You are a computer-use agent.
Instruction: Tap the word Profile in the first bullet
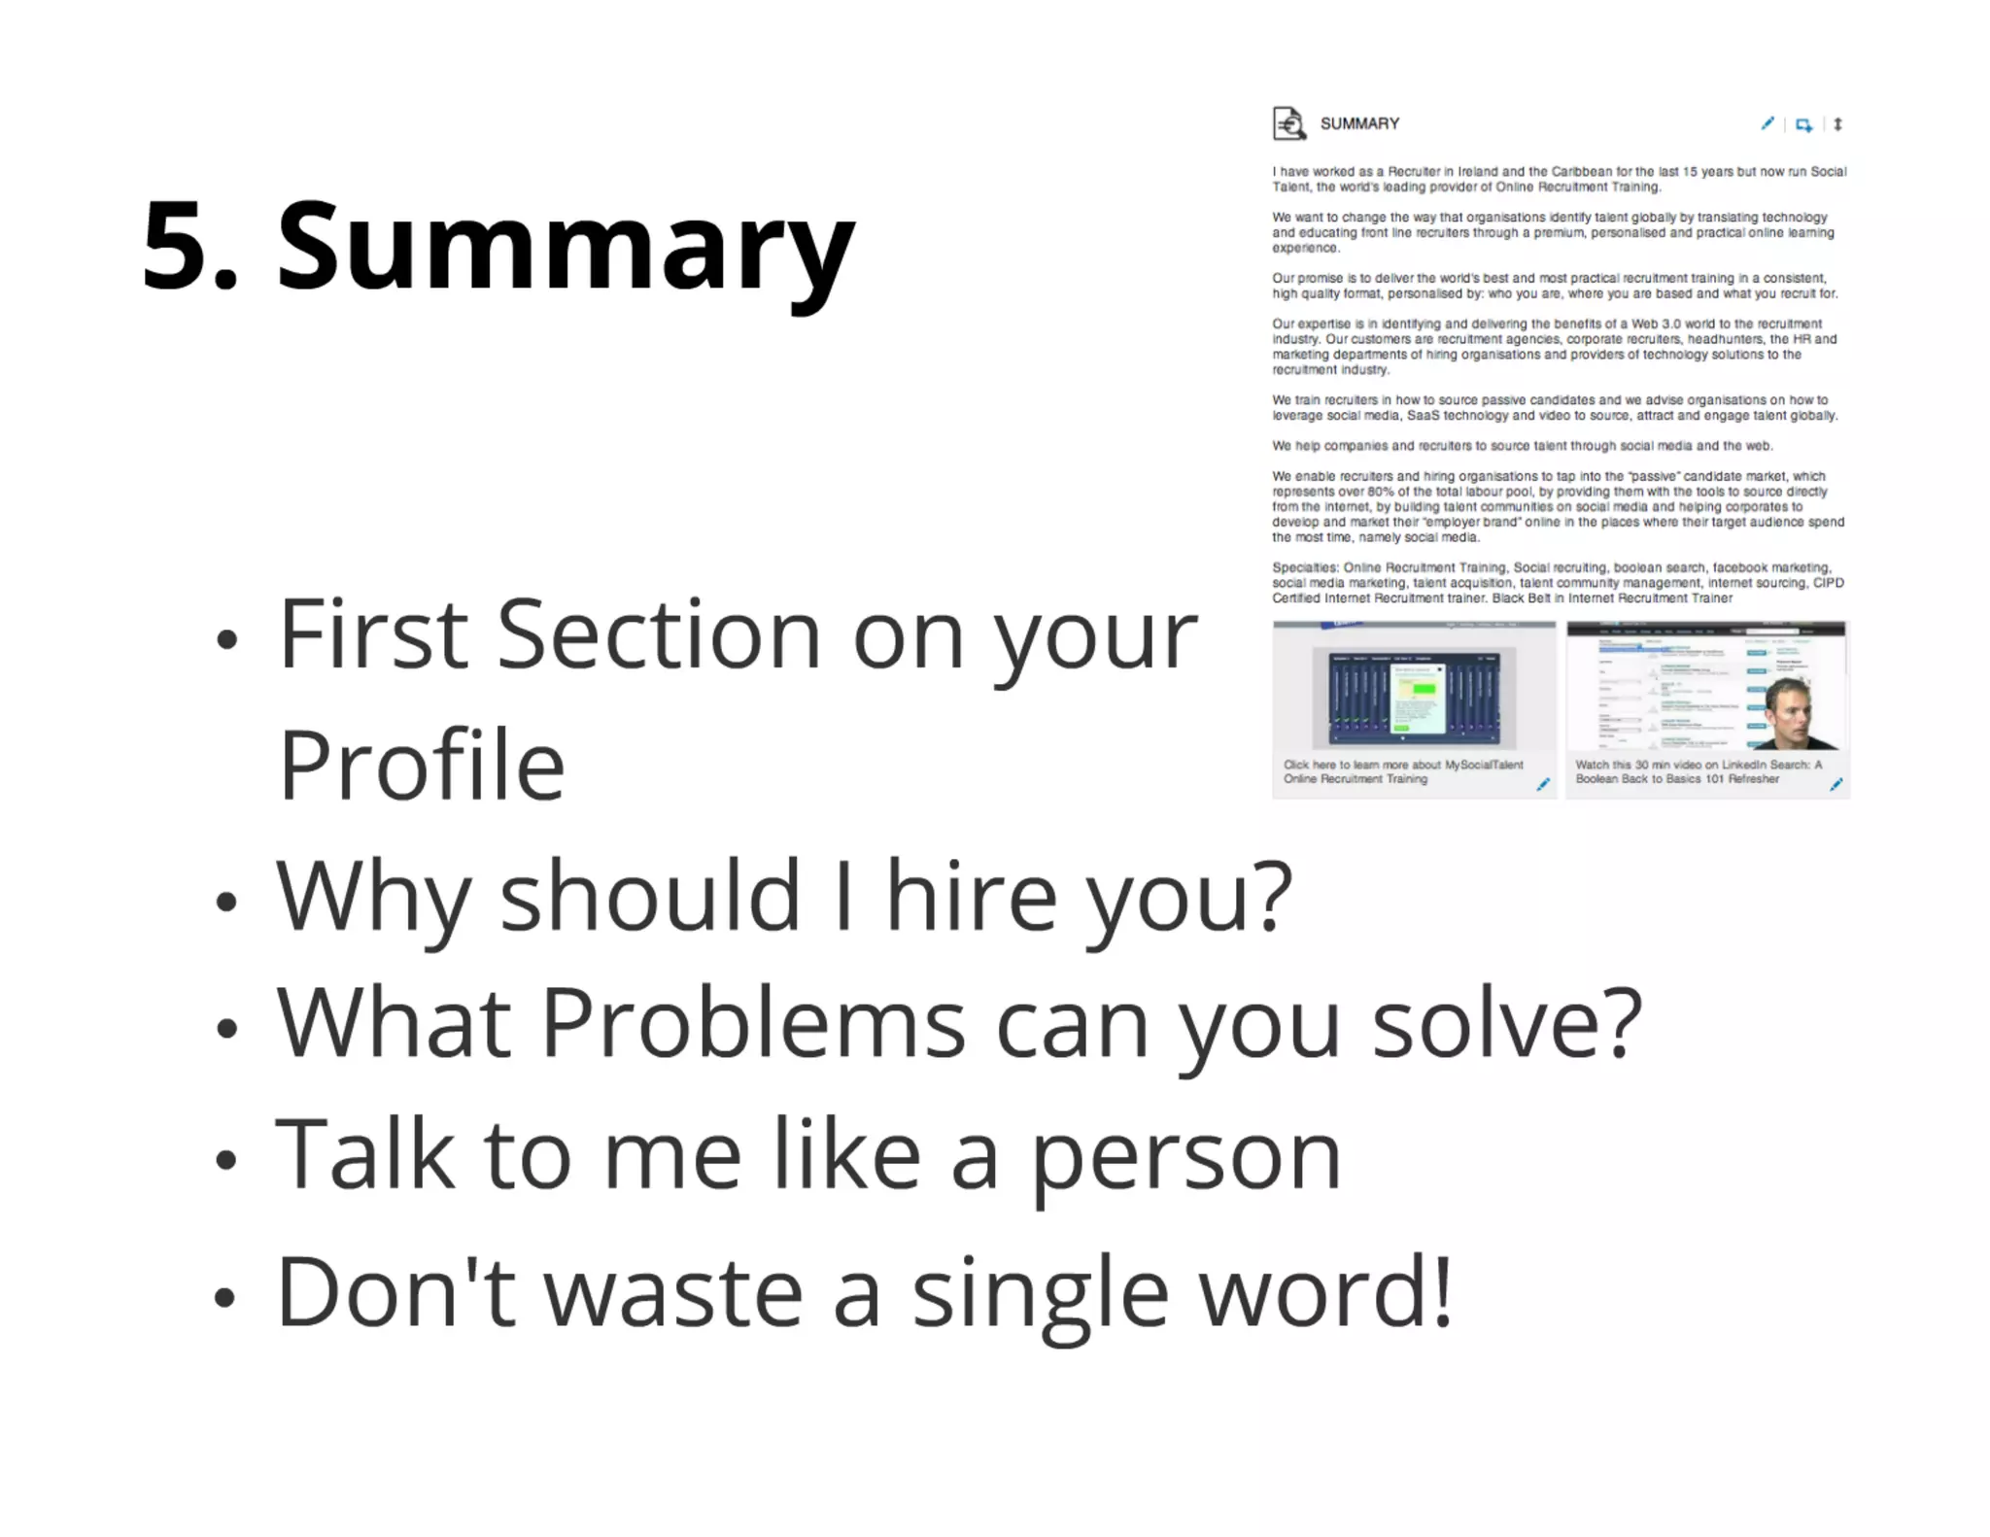422,766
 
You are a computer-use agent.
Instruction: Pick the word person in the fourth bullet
1185,1156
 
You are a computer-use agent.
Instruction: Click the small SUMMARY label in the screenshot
1359,123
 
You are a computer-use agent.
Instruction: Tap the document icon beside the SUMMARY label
1288,123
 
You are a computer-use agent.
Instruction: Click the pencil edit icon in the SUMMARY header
1767,123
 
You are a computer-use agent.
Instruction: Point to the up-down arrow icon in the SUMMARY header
1837,123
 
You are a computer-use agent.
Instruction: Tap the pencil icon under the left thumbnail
1542,784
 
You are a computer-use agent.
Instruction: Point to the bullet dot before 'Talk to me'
226,1159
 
